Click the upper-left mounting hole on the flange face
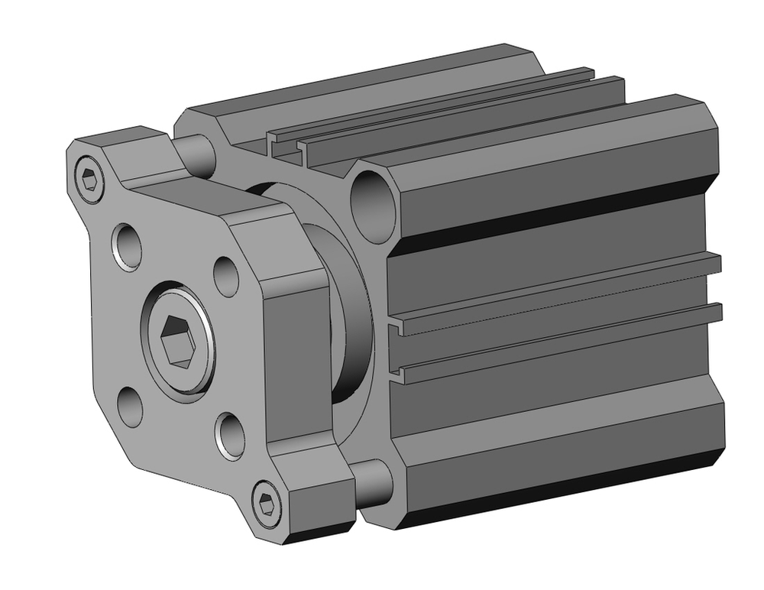pos(128,245)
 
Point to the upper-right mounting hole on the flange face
pos(225,276)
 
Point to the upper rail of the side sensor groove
pos(558,294)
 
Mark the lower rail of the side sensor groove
pos(558,341)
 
